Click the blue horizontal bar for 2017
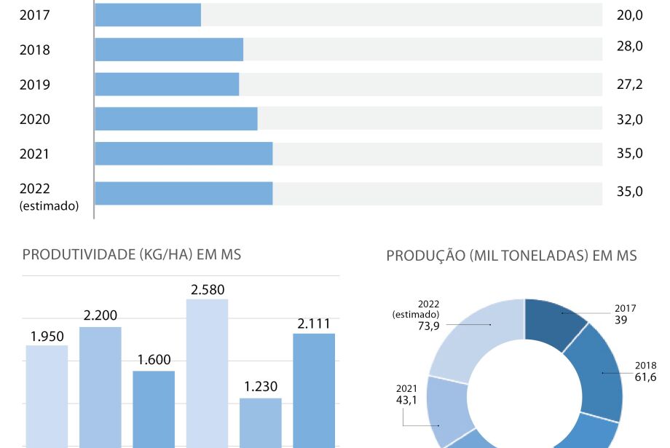pyautogui.click(x=148, y=15)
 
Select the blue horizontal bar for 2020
pyautogui.click(x=176, y=119)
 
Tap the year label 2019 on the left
pyautogui.click(x=35, y=85)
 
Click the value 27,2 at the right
pyautogui.click(x=629, y=85)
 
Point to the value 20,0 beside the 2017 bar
pyautogui.click(x=629, y=15)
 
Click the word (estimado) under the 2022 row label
pyautogui.click(x=49, y=206)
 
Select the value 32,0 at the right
pyautogui.click(x=629, y=119)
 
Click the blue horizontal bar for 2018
pyautogui.click(x=169, y=50)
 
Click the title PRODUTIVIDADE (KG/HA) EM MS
pyautogui.click(x=132, y=255)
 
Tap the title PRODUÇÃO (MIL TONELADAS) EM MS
pyautogui.click(x=511, y=256)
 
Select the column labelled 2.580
pyautogui.click(x=208, y=372)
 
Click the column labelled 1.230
pyautogui.click(x=261, y=423)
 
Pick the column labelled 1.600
pyautogui.click(x=154, y=408)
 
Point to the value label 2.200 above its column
pyautogui.click(x=100, y=315)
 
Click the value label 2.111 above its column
pyautogui.click(x=314, y=322)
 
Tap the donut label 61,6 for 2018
pyautogui.click(x=645, y=377)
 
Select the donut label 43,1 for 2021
pyautogui.click(x=406, y=400)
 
